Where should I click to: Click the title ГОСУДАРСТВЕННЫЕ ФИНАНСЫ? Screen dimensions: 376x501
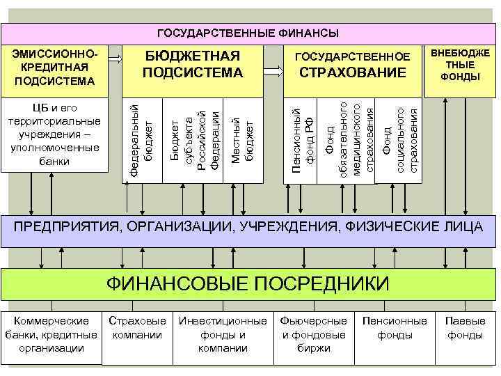(248, 33)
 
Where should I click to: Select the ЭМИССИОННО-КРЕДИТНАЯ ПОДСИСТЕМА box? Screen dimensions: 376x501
(55, 68)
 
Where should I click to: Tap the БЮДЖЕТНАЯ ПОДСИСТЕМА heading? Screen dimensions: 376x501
(193, 64)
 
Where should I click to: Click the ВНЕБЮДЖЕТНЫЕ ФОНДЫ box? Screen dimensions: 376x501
(460, 65)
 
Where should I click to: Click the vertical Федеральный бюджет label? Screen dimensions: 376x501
(141, 139)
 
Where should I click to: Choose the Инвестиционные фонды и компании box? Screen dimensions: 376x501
(223, 334)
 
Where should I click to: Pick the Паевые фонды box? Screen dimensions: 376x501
(466, 328)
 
